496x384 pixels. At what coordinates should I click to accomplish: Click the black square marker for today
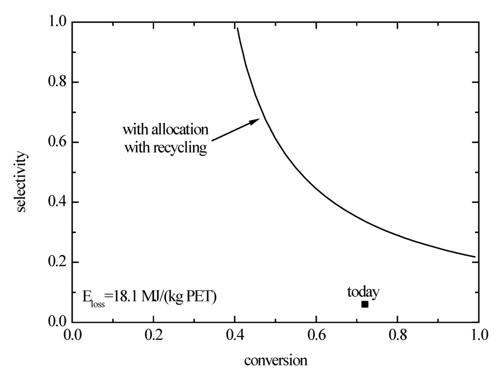pyautogui.click(x=365, y=304)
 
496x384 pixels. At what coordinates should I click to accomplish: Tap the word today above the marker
pyautogui.click(x=363, y=292)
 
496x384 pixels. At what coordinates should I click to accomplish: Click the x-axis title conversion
pyautogui.click(x=275, y=361)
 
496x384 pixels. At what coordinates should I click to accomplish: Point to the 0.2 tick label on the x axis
pyautogui.click(x=153, y=335)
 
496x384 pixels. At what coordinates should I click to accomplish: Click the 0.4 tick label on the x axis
pyautogui.click(x=234, y=335)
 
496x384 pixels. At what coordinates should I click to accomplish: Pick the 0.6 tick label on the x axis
pyautogui.click(x=316, y=335)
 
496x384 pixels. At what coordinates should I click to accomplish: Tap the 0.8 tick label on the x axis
pyautogui.click(x=397, y=335)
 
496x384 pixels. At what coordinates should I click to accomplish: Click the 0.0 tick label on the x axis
pyautogui.click(x=72, y=335)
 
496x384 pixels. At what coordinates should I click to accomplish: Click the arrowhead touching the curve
pyautogui.click(x=256, y=121)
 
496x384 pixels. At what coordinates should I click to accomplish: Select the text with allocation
pyautogui.click(x=165, y=130)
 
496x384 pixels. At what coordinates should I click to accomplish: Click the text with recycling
pyautogui.click(x=166, y=147)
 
